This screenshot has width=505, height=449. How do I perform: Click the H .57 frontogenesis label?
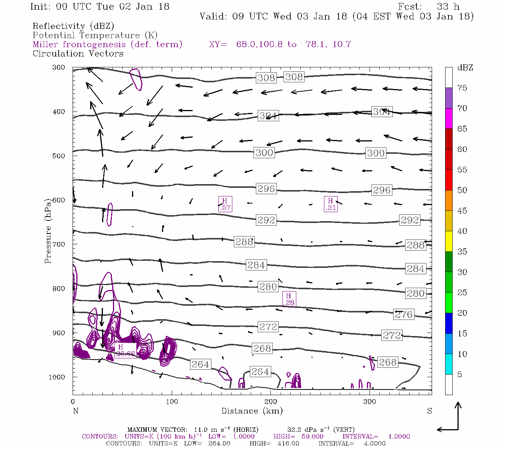click(225, 204)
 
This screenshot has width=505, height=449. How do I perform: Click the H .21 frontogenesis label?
click(331, 204)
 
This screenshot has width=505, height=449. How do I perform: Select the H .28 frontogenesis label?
click(289, 299)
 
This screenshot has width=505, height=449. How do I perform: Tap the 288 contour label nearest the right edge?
click(416, 245)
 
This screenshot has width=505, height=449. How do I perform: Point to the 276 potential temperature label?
click(404, 314)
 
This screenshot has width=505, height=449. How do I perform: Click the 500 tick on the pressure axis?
click(59, 156)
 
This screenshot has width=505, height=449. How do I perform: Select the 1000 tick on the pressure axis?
click(57, 377)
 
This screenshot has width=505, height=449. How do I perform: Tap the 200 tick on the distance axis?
click(270, 402)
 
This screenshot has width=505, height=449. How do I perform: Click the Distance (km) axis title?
click(252, 411)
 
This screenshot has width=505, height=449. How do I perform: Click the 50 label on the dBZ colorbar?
click(462, 190)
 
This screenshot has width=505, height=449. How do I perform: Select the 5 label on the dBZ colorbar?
click(460, 375)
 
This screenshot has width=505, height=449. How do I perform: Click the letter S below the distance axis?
click(429, 411)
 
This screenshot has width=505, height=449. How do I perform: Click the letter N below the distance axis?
click(76, 411)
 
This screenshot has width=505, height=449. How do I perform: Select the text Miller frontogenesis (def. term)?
click(107, 45)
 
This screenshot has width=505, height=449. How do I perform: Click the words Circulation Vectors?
click(78, 54)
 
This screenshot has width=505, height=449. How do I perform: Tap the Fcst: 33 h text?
click(429, 7)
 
